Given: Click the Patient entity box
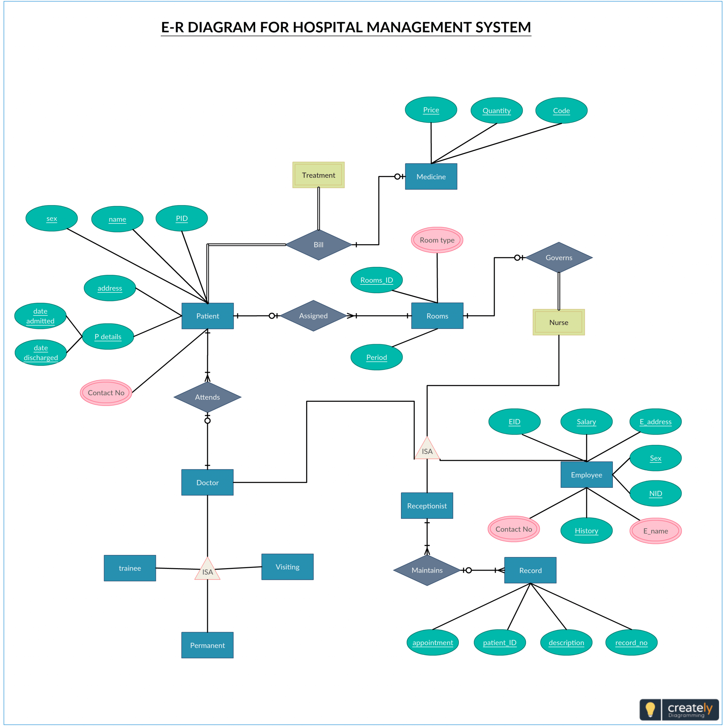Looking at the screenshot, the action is (x=207, y=316).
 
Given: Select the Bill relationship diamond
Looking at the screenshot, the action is (x=318, y=245).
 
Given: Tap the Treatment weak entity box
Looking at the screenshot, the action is (x=318, y=175).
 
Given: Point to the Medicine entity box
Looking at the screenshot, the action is (x=431, y=177).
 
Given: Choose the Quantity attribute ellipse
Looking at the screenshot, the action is (x=496, y=111).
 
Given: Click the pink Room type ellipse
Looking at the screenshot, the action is (x=437, y=240).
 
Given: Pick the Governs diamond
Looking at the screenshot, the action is (x=559, y=258).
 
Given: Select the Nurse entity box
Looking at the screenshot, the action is (x=559, y=322).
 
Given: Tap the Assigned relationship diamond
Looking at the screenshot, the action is (x=313, y=316).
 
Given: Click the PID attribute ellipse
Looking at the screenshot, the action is (x=181, y=218).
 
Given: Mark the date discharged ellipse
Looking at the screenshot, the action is (x=41, y=353).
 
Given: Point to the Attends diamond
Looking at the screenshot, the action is (x=207, y=397).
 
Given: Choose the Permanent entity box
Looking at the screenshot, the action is (x=207, y=645).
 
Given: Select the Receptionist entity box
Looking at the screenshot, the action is (x=427, y=506).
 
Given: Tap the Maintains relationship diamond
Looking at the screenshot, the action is (x=427, y=570).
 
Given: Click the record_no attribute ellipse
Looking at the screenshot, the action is (x=631, y=643).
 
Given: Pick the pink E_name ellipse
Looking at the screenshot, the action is (x=655, y=531).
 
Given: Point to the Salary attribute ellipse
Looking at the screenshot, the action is (x=586, y=422).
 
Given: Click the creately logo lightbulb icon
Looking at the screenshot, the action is (x=650, y=710).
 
